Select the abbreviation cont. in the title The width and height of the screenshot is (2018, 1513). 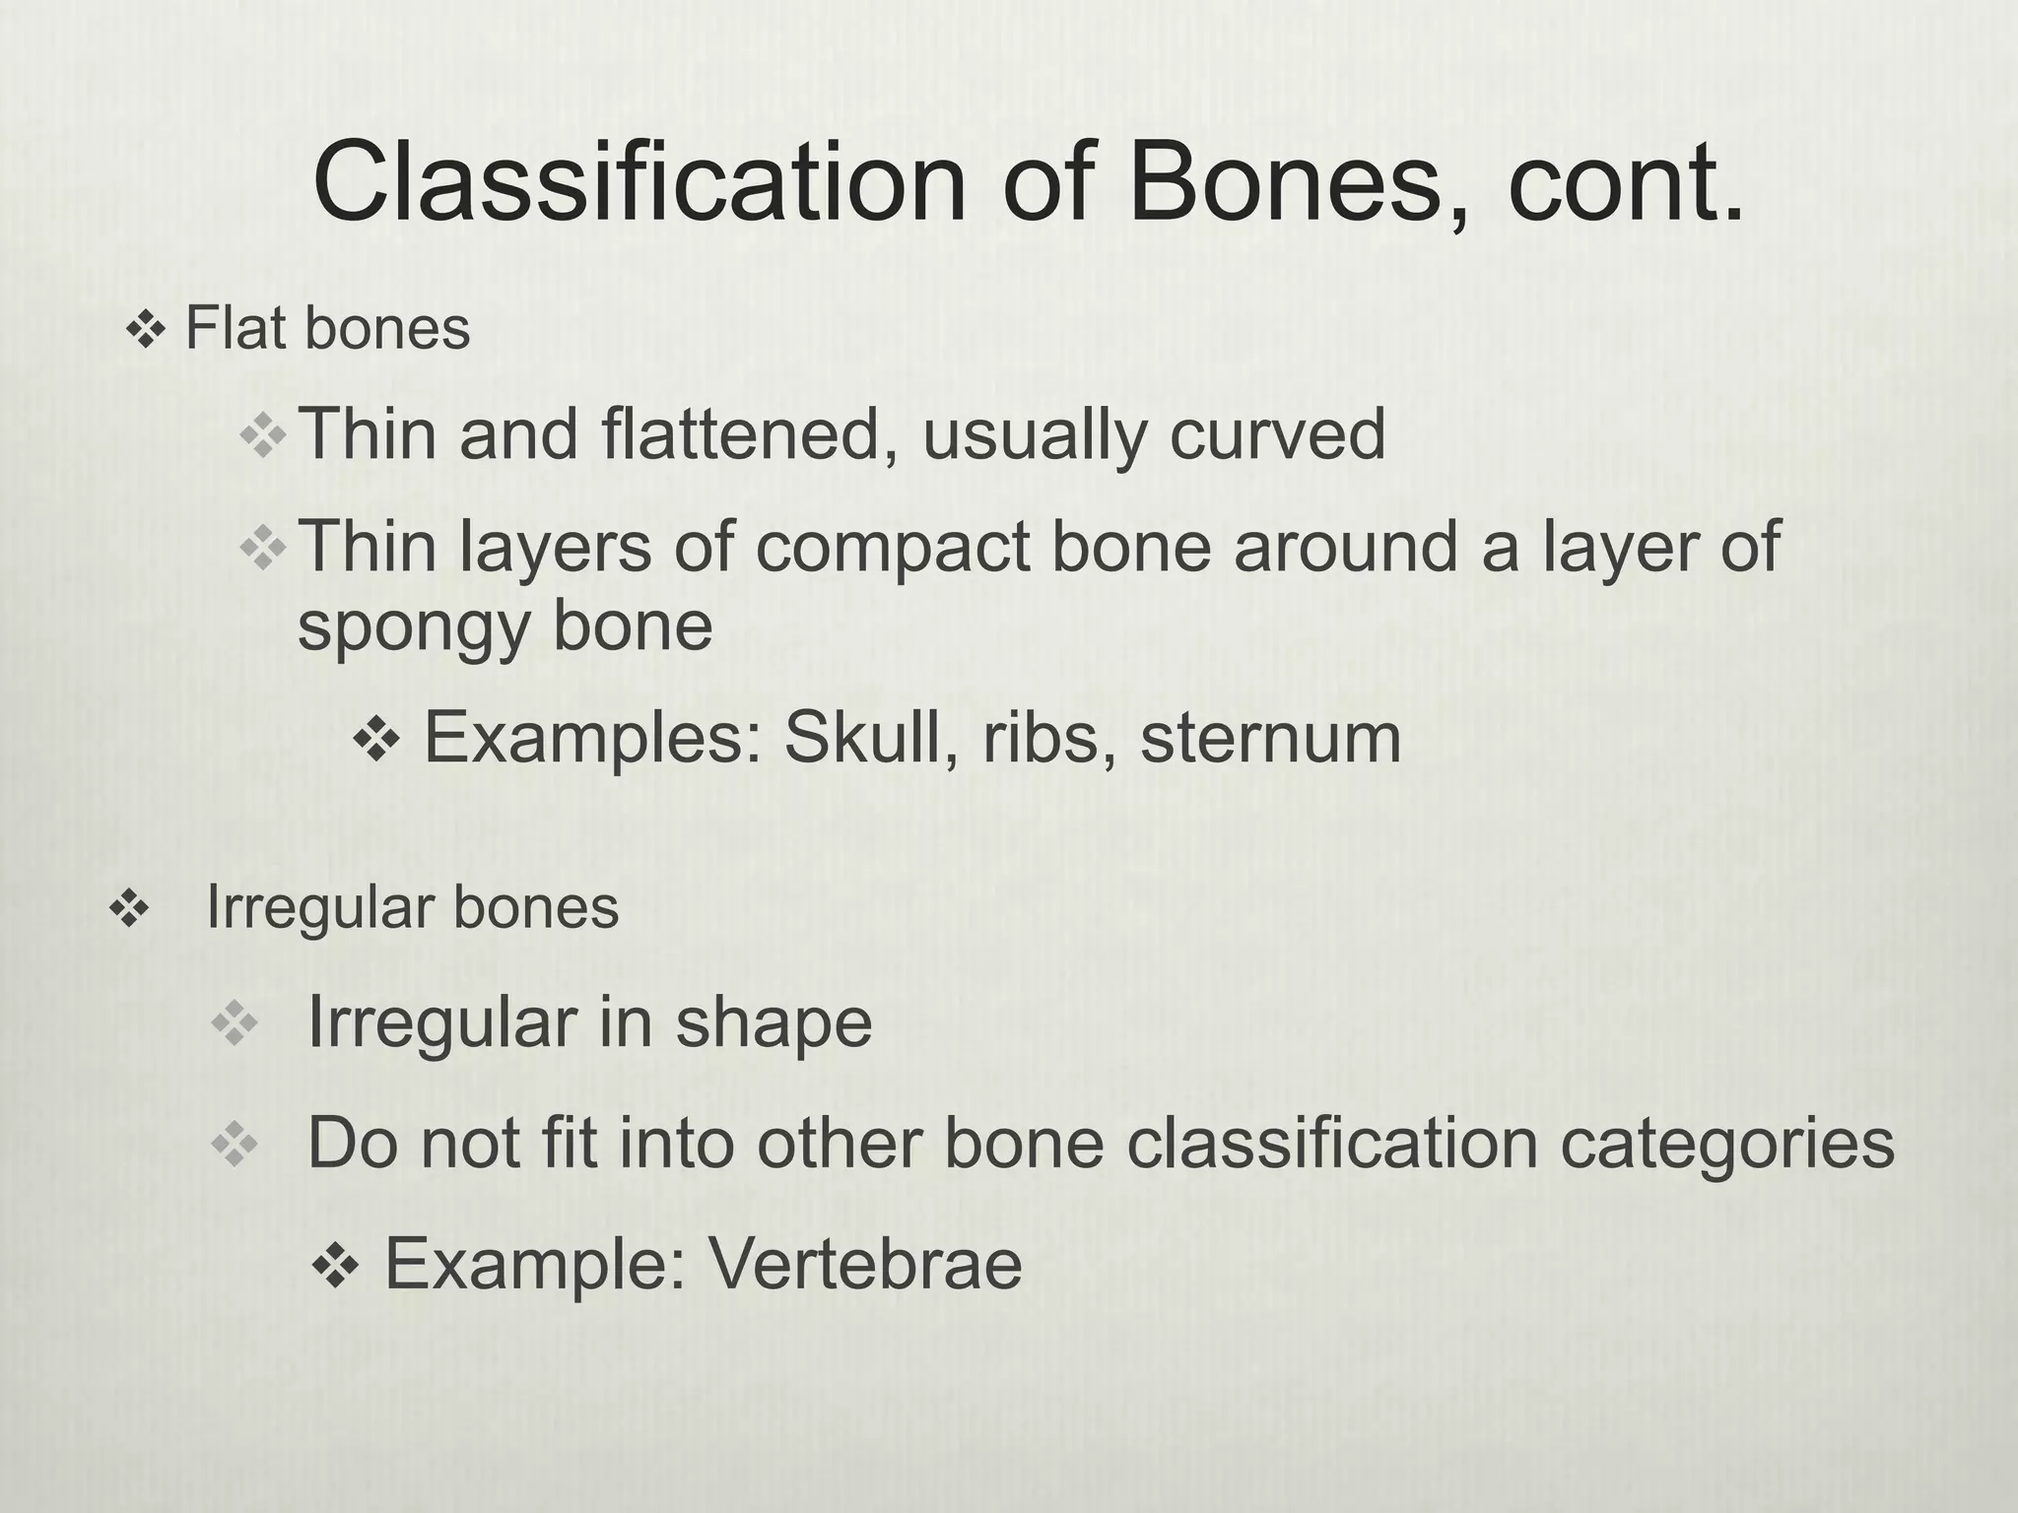[x=1625, y=184]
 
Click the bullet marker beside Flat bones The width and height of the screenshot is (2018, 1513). [x=145, y=331]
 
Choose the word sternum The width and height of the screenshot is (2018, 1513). [x=1270, y=740]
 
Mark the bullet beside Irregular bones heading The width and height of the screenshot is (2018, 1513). [x=128, y=909]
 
